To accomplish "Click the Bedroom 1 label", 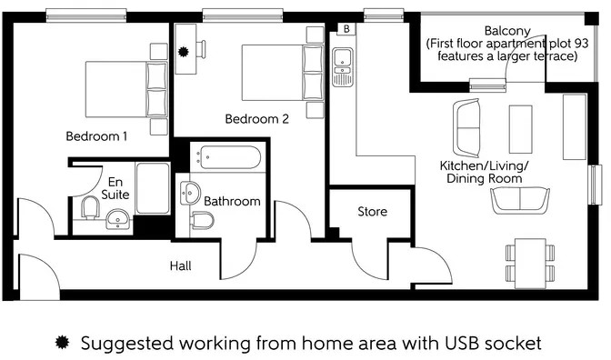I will [96, 136].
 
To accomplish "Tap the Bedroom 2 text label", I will [257, 118].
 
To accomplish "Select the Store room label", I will [372, 212].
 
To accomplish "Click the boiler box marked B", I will [346, 29].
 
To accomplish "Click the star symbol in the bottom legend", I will [63, 343].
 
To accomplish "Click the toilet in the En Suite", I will [90, 209].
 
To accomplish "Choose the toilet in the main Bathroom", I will [202, 221].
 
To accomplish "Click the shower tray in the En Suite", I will [152, 189].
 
